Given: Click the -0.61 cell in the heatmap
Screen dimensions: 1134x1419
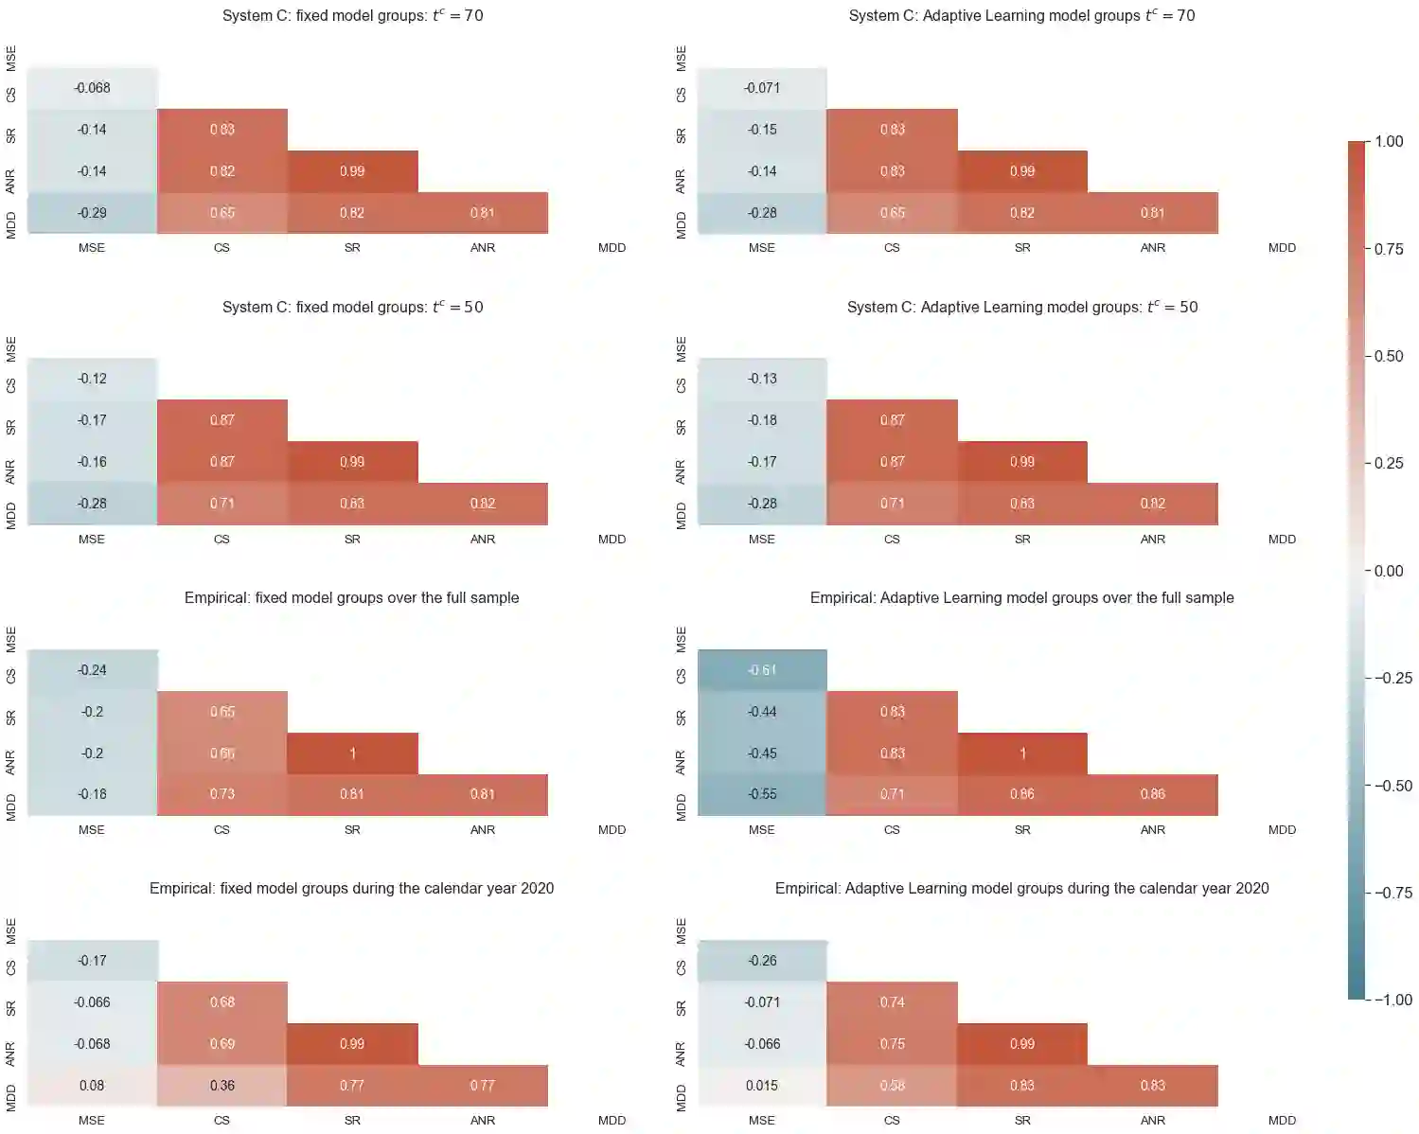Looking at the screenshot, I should pyautogui.click(x=762, y=670).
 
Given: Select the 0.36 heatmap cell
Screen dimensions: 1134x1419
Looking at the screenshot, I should pyautogui.click(x=222, y=1086).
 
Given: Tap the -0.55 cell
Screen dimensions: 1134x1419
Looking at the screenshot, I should pyautogui.click(x=762, y=794).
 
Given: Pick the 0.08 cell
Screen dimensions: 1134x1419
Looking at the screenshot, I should pyautogui.click(x=92, y=1086).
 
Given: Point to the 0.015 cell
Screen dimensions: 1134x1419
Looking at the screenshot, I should pyautogui.click(x=762, y=1086).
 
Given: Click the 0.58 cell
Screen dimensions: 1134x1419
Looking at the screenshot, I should pyautogui.click(x=893, y=1086).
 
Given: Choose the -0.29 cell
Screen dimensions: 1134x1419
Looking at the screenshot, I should pyautogui.click(x=92, y=213).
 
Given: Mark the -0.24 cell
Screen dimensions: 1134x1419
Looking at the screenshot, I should pyautogui.click(x=92, y=670).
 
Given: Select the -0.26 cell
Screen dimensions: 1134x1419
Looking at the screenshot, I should pyautogui.click(x=762, y=961).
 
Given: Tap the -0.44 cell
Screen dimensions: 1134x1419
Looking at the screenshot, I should pyautogui.click(x=762, y=712).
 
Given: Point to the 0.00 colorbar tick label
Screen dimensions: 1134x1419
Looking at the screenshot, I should pyautogui.click(x=1389, y=571).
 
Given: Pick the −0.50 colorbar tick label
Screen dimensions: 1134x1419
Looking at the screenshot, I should pyautogui.click(x=1392, y=786).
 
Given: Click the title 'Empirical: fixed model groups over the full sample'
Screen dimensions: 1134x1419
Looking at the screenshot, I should pyautogui.click(x=351, y=598).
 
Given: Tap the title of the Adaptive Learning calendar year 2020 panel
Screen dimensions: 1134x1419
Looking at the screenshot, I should pyautogui.click(x=1021, y=889).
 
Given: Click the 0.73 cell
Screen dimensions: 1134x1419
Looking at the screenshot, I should pyautogui.click(x=222, y=794).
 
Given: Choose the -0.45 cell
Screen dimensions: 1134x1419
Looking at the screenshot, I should pyautogui.click(x=762, y=753).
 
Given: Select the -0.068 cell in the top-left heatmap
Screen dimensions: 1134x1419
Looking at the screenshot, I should pyautogui.click(x=92, y=88).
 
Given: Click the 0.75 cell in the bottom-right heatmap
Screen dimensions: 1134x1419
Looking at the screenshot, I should pyautogui.click(x=893, y=1044).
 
